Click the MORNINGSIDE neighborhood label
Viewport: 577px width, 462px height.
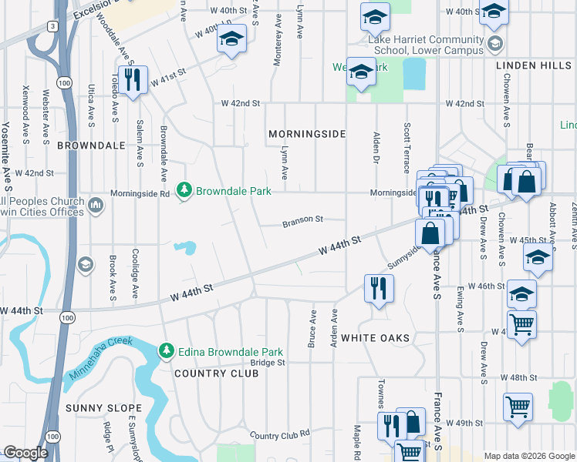tap(306, 134)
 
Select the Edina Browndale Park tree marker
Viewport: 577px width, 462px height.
tap(165, 351)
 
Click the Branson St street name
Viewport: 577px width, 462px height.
tap(302, 219)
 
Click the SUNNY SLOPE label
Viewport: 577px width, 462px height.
tap(103, 408)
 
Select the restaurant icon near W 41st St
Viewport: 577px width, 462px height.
tap(134, 80)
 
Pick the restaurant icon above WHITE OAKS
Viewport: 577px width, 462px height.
tap(379, 289)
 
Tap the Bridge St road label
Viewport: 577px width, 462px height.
tap(268, 362)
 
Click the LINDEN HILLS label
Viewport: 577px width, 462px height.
tap(533, 66)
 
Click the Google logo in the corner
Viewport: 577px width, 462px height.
tap(25, 453)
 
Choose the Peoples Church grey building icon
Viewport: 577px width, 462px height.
tap(95, 206)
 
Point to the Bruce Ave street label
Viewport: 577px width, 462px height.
tap(312, 329)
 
